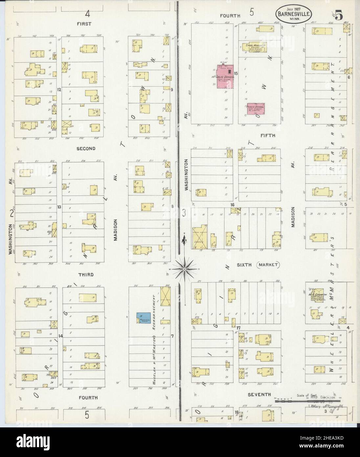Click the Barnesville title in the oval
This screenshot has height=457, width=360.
point(289,14)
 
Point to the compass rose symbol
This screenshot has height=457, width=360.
point(185,269)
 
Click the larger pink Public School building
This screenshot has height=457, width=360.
point(226,76)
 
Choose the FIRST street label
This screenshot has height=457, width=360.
point(84,24)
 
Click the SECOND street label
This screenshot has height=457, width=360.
point(86,149)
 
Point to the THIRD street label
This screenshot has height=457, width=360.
point(86,275)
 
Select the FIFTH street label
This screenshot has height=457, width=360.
point(268,135)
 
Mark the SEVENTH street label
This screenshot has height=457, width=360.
point(259,394)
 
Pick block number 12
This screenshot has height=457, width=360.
point(59,89)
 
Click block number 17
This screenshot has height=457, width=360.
point(238,328)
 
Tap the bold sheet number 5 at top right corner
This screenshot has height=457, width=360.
point(339,15)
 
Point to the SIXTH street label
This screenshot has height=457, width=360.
point(244,264)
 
